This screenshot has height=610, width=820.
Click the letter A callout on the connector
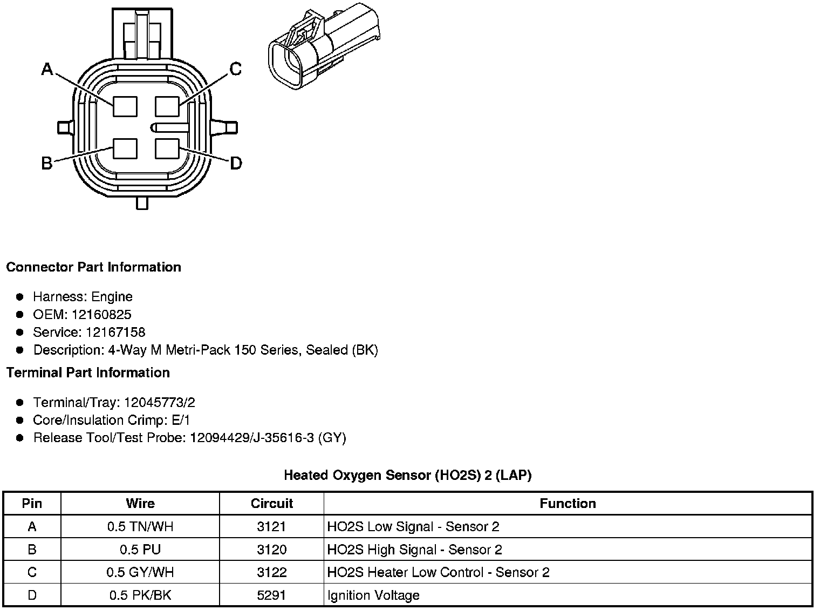click(x=47, y=70)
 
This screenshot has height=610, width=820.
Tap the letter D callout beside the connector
click(x=236, y=163)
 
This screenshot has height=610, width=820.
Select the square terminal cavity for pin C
click(x=167, y=106)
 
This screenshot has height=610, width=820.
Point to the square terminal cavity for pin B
click(x=125, y=148)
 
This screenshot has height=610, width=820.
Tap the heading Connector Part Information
click(x=93, y=267)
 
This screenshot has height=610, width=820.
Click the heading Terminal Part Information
click(x=88, y=373)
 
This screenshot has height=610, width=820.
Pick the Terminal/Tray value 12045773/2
click(x=159, y=403)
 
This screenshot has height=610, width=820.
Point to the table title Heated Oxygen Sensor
click(x=407, y=476)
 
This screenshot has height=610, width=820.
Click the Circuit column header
click(x=271, y=504)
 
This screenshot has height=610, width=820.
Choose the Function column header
click(x=568, y=504)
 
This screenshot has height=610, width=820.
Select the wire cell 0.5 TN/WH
click(x=140, y=527)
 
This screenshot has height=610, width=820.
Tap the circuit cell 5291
click(x=271, y=595)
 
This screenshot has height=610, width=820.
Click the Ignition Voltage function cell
click(x=373, y=595)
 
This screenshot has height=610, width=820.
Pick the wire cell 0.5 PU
click(x=140, y=550)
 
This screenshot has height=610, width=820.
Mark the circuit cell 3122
click(x=271, y=572)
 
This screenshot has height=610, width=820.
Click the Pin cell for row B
click(x=32, y=550)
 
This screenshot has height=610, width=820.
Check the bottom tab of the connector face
click(x=142, y=203)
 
